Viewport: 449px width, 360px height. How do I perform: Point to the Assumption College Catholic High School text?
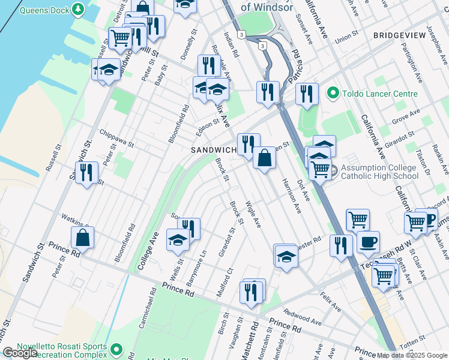tap(379, 172)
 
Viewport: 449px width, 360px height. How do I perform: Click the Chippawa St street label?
tap(116, 138)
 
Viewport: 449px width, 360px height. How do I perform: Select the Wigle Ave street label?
tap(253, 214)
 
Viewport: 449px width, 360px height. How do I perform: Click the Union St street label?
tap(346, 38)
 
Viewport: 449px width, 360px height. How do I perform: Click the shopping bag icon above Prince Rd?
tap(82, 238)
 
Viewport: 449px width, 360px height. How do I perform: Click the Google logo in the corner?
tap(20, 353)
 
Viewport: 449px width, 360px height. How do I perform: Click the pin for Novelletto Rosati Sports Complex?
tap(116, 349)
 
